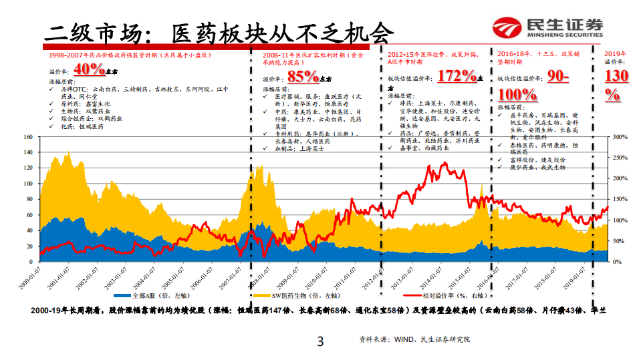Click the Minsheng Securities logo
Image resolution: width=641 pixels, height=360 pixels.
point(547,27)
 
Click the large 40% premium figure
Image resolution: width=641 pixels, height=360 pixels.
point(89,69)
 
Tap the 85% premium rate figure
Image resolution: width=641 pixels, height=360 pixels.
point(303,75)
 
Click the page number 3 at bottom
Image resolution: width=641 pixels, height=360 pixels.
point(320,343)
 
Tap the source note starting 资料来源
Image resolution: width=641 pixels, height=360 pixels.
point(414,340)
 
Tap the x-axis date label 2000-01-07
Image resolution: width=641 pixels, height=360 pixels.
point(29,277)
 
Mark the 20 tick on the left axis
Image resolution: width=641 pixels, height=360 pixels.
point(29,246)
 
